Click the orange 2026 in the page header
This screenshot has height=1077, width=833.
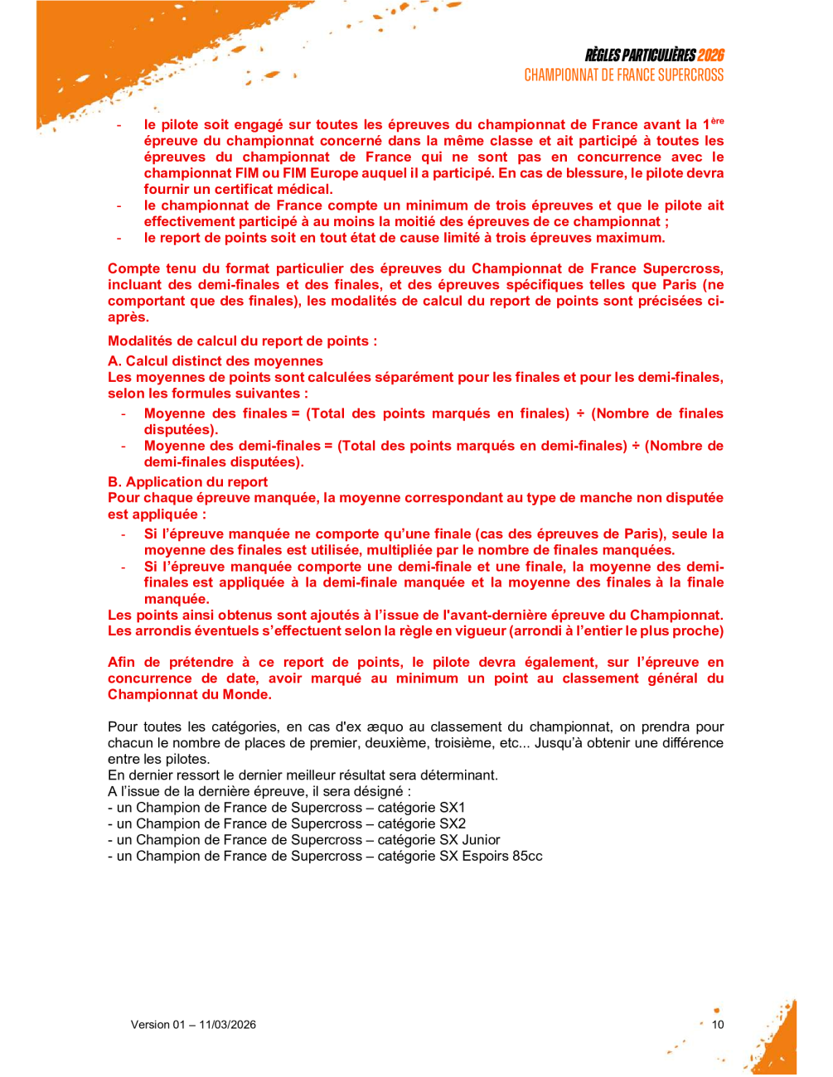click(710, 56)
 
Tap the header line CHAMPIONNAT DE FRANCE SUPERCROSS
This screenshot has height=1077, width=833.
click(623, 75)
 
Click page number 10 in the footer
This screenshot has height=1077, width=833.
click(718, 1025)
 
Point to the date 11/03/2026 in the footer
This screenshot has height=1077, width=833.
click(227, 1025)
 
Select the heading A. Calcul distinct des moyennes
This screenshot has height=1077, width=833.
click(216, 361)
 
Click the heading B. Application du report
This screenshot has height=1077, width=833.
click(188, 482)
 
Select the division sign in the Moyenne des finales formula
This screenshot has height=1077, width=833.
click(580, 413)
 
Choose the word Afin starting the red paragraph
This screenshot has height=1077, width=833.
click(122, 663)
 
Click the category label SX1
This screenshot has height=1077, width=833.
click(453, 808)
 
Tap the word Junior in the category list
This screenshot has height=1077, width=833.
click(481, 840)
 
